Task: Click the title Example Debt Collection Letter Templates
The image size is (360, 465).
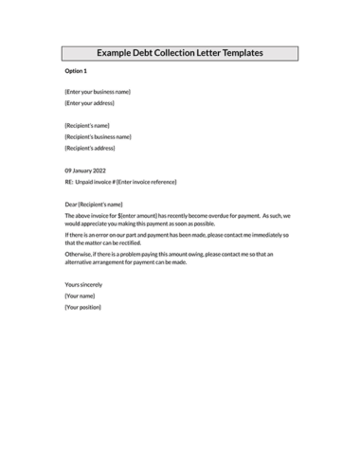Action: click(x=180, y=53)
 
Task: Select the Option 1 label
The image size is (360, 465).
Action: click(x=76, y=71)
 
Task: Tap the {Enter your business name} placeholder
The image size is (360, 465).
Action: click(x=98, y=92)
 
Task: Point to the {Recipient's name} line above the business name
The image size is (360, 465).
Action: click(x=87, y=126)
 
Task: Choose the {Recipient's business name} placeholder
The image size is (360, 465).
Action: click(x=98, y=137)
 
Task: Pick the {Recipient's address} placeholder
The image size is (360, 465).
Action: click(x=89, y=149)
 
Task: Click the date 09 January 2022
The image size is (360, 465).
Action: click(x=85, y=170)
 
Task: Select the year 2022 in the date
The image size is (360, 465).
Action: click(x=99, y=170)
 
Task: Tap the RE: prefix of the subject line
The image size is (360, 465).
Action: click(x=69, y=182)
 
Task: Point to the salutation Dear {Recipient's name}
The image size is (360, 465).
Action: click(x=94, y=205)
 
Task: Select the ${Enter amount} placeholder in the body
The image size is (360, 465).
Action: click(x=134, y=216)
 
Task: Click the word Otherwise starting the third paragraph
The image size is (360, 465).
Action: click(x=79, y=254)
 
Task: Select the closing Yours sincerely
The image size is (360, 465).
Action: click(x=83, y=284)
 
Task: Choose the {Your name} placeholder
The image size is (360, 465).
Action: click(x=80, y=295)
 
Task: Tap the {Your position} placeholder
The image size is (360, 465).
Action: click(x=82, y=307)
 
